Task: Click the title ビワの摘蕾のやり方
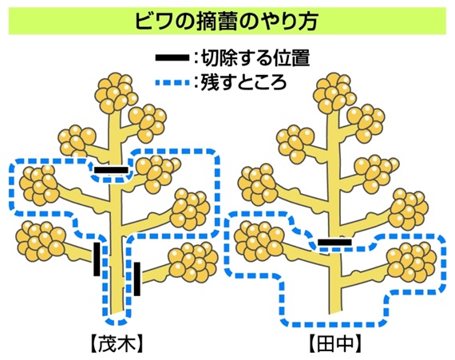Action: pyautogui.click(x=227, y=21)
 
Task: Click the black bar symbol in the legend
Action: pyautogui.click(x=172, y=57)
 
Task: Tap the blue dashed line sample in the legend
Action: pyautogui.click(x=172, y=83)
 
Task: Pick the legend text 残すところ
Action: pyautogui.click(x=243, y=82)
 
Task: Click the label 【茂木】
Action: pyautogui.click(x=117, y=344)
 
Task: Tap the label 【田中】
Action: pyautogui.click(x=335, y=344)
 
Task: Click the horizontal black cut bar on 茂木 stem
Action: pyautogui.click(x=111, y=170)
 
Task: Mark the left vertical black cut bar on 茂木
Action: pyautogui.click(x=97, y=259)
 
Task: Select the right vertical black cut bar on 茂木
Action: pyautogui.click(x=137, y=279)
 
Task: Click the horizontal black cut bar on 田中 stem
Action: pyautogui.click(x=334, y=242)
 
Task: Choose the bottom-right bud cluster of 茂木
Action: pyautogui.click(x=193, y=263)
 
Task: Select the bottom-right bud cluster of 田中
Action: pyautogui.click(x=412, y=263)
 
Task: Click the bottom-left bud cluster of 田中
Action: pyautogui.click(x=259, y=240)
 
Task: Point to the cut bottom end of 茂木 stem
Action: pyautogui.click(x=117, y=312)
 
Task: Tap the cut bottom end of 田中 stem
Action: pyautogui.click(x=335, y=312)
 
